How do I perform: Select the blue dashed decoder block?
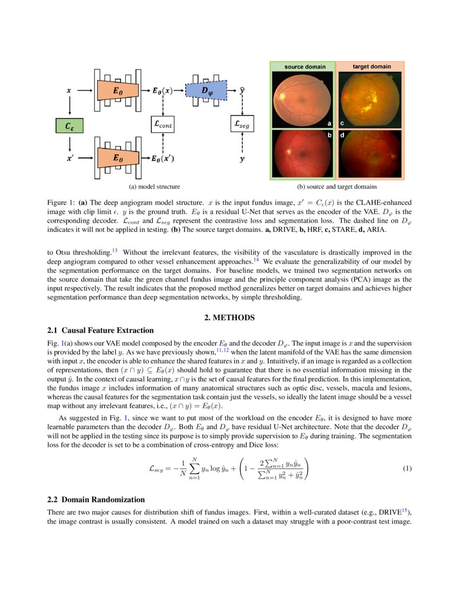(207, 90)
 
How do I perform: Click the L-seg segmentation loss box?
(242, 125)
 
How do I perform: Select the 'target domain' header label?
(371, 66)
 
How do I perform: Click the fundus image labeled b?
(302, 154)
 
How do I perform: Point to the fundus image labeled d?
(370, 154)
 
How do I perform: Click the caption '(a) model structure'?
(154, 187)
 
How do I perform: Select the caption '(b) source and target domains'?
(337, 187)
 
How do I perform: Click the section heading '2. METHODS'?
(229, 318)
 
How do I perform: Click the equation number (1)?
(407, 468)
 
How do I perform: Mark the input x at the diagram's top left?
(69, 91)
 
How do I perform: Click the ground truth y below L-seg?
(241, 160)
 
